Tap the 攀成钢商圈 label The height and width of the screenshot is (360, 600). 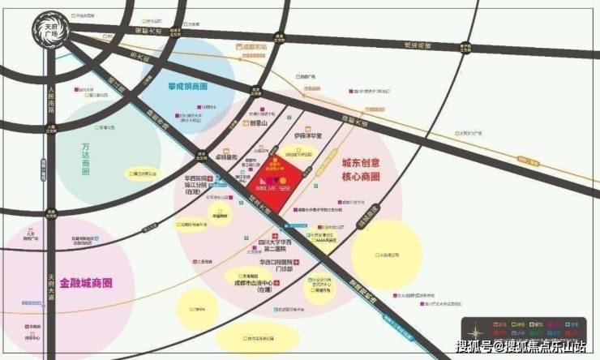tap(187, 85)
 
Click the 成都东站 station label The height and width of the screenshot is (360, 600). tap(255, 48)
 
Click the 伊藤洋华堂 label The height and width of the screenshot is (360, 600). tap(307, 135)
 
